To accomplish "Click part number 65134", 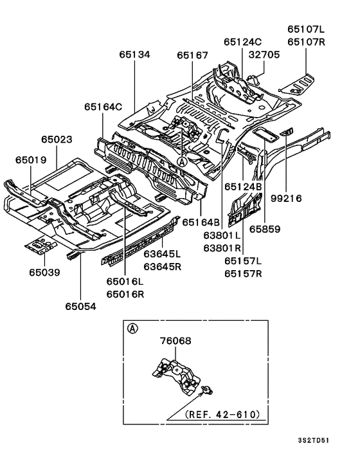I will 134,55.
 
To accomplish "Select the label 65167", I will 192,55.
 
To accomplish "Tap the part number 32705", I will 264,55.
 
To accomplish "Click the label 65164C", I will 102,106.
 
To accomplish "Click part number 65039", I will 44,273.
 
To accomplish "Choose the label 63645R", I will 161,267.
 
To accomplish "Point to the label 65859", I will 265,228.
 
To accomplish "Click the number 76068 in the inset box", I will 175,341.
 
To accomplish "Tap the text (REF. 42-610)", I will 221,415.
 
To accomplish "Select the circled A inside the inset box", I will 132,329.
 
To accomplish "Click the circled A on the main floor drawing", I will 183,163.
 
